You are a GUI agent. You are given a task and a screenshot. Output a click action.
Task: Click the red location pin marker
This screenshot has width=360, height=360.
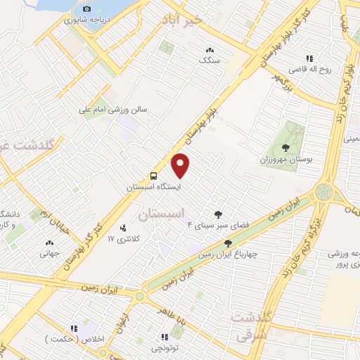pos(181,166)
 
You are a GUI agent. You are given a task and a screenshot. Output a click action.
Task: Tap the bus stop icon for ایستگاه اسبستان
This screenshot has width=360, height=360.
pos(153,176)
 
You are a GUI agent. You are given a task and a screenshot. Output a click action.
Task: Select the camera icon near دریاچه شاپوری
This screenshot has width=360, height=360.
pos(86,9)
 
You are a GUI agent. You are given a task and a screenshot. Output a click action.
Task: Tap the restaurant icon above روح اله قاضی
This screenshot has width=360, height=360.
pos(308,58)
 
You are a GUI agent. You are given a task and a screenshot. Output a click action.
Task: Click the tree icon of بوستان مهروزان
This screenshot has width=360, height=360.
pos(285,148)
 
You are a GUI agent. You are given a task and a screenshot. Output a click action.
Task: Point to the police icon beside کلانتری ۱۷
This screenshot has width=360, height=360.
pos(124,228)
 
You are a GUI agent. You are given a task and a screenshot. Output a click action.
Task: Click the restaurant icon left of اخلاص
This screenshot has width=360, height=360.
pos(73,328)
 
